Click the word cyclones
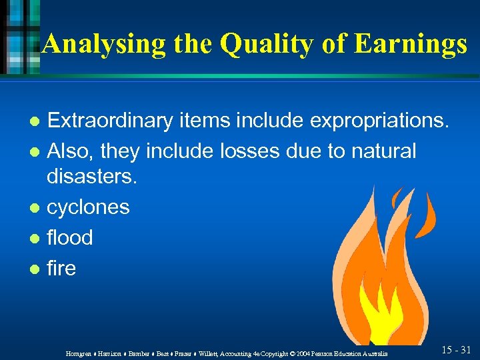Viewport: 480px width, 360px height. (x=88, y=207)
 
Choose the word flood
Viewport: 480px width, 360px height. (x=69, y=238)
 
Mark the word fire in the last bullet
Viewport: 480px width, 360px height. (x=61, y=269)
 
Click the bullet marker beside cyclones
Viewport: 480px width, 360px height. (x=35, y=208)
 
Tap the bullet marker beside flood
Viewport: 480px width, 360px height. (x=35, y=239)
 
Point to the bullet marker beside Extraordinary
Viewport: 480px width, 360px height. (x=35, y=122)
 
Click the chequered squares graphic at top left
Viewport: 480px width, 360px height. (x=20, y=33)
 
